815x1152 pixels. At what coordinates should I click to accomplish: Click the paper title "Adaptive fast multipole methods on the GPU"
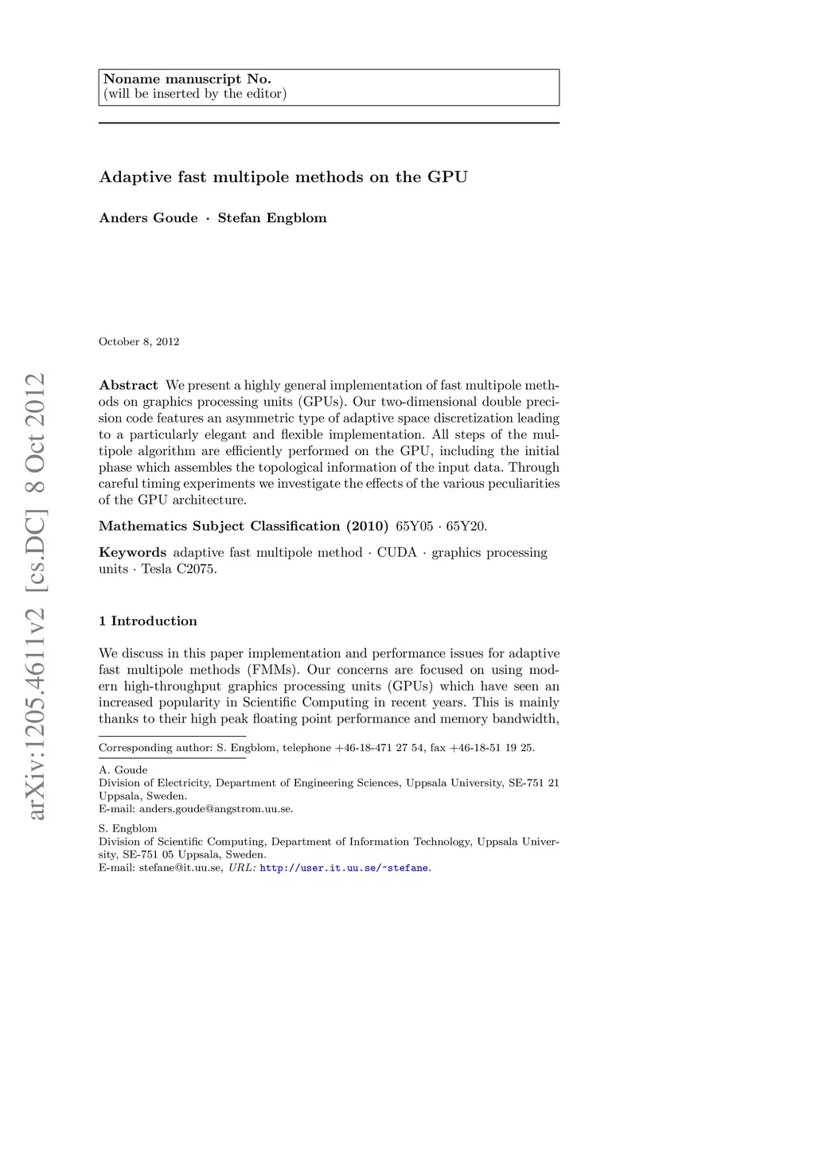tap(283, 177)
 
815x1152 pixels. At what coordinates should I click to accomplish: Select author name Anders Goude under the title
tap(148, 218)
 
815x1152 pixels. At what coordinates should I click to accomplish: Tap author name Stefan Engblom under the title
tap(272, 218)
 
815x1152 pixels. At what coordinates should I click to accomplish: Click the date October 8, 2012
tap(138, 341)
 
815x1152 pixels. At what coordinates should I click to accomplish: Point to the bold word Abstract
tap(128, 385)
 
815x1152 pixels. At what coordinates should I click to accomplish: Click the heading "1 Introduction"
tap(147, 621)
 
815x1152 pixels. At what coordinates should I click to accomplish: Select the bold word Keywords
tap(132, 552)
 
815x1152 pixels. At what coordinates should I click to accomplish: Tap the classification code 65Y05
tap(415, 526)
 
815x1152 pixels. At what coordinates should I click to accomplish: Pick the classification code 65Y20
tap(466, 526)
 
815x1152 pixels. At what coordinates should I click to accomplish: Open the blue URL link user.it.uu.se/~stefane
tap(345, 867)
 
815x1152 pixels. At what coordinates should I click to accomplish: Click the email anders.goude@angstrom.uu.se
tap(216, 809)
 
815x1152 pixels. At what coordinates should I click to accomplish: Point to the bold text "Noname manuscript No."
tap(187, 79)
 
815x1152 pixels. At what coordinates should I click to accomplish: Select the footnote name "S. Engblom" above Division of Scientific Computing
tap(127, 828)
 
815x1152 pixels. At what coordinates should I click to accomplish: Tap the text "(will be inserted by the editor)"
tap(195, 94)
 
